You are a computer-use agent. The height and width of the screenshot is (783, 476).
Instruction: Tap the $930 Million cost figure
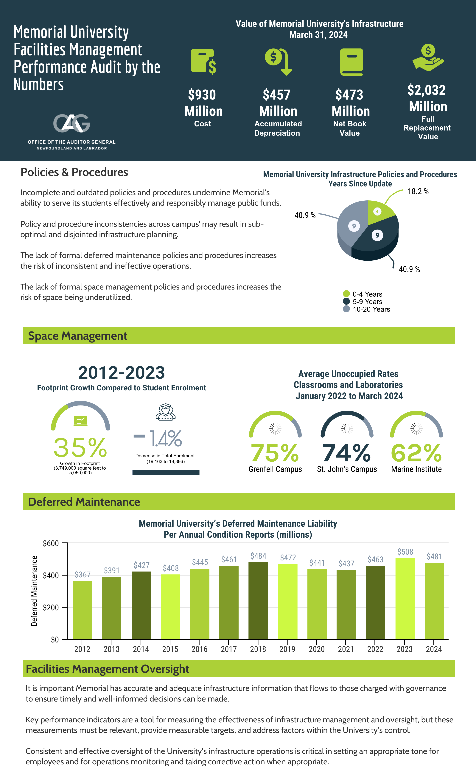[x=203, y=103]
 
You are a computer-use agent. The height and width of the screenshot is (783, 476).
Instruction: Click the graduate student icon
[x=165, y=412]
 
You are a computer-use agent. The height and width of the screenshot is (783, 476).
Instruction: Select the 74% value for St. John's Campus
[x=346, y=453]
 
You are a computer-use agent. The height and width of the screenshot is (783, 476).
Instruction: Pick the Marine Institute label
[x=416, y=469]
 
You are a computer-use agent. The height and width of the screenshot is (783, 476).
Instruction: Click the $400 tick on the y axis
[x=51, y=576]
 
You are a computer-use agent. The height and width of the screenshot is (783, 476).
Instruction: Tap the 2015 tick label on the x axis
[x=170, y=649]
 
